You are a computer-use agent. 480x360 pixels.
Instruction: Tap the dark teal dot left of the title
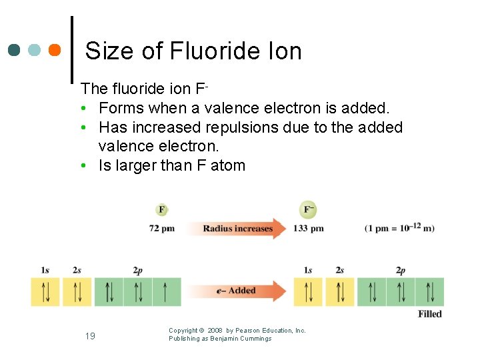tap(15, 50)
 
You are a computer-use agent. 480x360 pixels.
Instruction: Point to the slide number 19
tap(90, 335)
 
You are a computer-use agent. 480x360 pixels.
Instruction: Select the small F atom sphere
tap(161, 210)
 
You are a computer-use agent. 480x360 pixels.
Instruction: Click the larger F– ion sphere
tap(309, 210)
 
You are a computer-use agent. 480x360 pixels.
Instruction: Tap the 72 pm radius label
tap(161, 229)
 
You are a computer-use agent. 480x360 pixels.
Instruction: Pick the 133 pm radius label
tap(309, 229)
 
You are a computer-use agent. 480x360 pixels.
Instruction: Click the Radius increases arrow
tap(238, 229)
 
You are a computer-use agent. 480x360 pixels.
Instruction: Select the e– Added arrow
tap(237, 291)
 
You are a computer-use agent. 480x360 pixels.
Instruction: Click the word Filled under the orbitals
tap(429, 314)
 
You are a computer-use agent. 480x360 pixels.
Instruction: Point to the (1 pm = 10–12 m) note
tap(399, 228)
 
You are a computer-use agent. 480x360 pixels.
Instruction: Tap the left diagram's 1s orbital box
tap(45, 292)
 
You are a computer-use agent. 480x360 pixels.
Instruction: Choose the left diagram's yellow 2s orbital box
tap(77, 292)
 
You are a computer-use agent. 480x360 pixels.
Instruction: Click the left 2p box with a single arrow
tap(167, 292)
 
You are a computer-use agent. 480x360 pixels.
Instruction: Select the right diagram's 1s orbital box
tap(308, 292)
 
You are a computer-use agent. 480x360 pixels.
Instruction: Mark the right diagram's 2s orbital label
tap(340, 270)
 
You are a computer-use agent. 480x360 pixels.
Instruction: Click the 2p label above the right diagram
tap(400, 270)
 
